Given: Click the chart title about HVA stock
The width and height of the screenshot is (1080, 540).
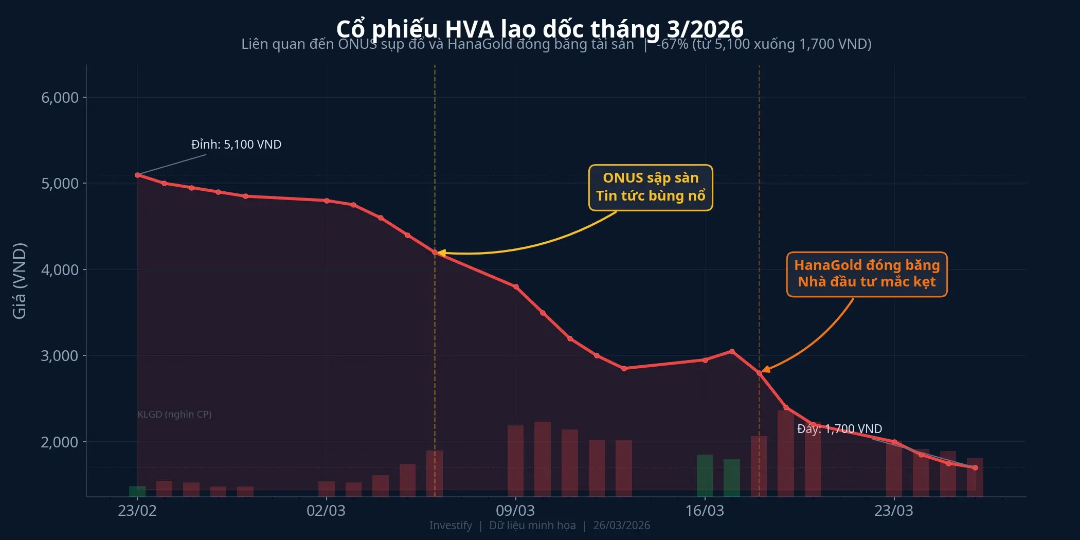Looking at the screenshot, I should point(539,29).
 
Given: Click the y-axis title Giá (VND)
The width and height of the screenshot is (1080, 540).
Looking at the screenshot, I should point(20,281).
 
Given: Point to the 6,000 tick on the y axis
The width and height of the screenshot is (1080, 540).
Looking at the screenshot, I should point(60,98).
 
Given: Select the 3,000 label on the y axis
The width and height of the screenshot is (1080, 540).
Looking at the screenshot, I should point(60,356).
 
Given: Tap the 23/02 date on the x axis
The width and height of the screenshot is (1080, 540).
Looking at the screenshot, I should point(137,511).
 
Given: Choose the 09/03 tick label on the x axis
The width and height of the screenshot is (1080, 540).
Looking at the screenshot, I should point(515,511).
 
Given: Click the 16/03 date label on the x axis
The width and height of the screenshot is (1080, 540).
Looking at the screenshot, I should point(705,511).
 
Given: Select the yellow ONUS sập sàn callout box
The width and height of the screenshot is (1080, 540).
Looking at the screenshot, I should point(651,188).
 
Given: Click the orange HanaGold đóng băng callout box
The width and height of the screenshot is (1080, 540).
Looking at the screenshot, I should point(867,274).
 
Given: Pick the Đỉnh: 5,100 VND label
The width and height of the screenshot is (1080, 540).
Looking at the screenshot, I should point(236,145).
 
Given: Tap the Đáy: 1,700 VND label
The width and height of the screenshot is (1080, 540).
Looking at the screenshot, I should point(839,429).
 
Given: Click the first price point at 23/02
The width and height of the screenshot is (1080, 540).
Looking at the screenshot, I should point(137,175).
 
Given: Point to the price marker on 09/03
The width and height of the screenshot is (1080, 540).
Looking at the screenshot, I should point(516,287).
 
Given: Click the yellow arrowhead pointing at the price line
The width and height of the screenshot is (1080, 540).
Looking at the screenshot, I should point(441,253).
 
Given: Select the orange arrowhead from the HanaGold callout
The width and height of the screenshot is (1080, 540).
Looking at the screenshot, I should point(766,369).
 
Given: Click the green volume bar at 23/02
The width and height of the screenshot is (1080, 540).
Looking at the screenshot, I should point(137,491).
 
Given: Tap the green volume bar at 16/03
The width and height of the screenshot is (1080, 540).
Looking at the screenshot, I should point(705,475).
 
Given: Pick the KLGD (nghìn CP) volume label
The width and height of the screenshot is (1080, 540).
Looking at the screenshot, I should point(174,415).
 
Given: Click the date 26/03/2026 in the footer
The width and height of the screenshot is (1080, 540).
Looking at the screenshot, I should point(621,526).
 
